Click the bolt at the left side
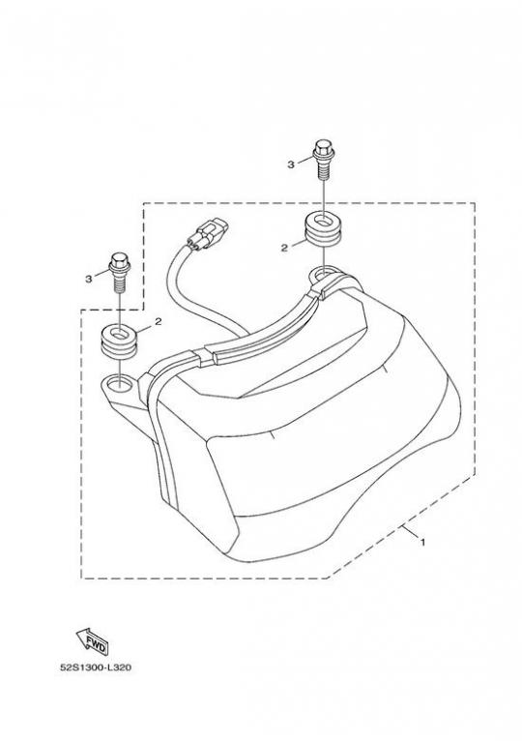(x=120, y=272)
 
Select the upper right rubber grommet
(x=324, y=230)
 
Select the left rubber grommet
(x=119, y=342)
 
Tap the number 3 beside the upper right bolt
(x=291, y=164)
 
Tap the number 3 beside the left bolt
(x=88, y=280)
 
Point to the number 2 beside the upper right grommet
(x=284, y=248)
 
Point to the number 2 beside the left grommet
(x=159, y=321)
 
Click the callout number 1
(x=422, y=542)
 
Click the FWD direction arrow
(x=92, y=640)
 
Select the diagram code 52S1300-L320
(x=96, y=667)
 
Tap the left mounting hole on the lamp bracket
(x=120, y=382)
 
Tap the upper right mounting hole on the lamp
(x=324, y=273)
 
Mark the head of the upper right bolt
(x=324, y=148)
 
